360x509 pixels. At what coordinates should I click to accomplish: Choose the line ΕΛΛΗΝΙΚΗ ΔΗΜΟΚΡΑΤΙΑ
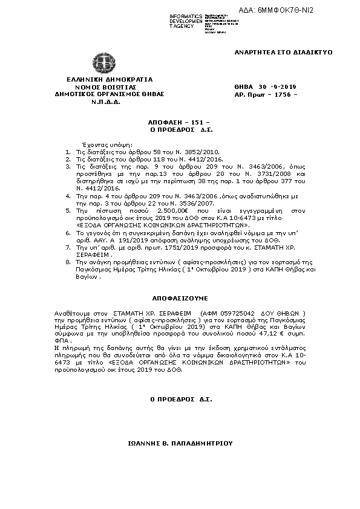(x=101, y=79)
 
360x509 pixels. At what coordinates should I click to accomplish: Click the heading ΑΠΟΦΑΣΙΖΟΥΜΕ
(x=179, y=298)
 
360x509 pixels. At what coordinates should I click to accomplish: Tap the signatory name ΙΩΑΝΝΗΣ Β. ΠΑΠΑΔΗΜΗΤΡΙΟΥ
(x=180, y=443)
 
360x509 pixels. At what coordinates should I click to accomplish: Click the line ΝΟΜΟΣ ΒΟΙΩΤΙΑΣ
(x=101, y=87)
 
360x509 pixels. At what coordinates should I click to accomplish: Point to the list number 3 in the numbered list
(x=67, y=166)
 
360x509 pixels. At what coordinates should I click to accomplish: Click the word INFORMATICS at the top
(x=186, y=16)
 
